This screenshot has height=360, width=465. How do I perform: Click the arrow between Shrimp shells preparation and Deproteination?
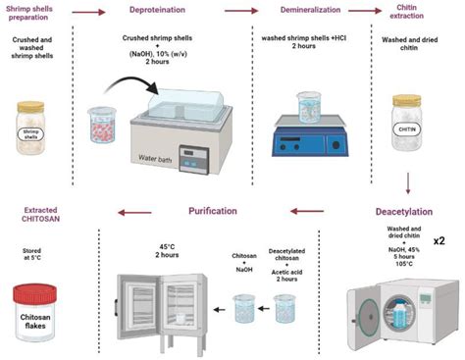pos(89,14)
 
